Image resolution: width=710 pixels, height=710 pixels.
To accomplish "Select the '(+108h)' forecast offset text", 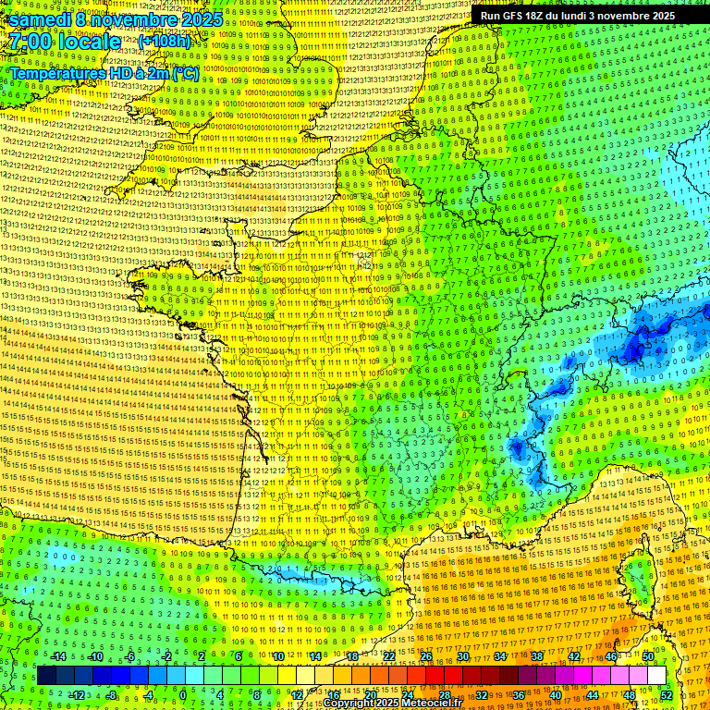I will click(164, 42).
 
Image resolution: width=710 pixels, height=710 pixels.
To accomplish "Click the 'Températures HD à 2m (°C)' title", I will click(104, 72).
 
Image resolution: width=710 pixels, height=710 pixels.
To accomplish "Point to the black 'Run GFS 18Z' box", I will click(577, 16).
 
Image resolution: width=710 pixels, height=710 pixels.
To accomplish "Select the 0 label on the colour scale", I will click(183, 695).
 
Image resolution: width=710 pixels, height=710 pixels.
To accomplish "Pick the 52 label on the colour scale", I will click(667, 695).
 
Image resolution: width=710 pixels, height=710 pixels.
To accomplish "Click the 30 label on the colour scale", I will click(462, 656).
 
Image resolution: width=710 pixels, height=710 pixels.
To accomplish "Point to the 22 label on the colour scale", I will click(389, 656).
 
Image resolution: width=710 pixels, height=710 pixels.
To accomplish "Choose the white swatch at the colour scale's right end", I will click(656, 676).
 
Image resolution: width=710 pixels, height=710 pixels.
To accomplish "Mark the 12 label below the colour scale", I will click(298, 695).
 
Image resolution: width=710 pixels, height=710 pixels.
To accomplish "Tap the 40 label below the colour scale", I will click(556, 695).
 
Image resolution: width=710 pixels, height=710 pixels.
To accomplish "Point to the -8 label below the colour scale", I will click(111, 695).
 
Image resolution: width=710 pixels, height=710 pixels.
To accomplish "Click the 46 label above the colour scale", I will click(610, 656).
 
